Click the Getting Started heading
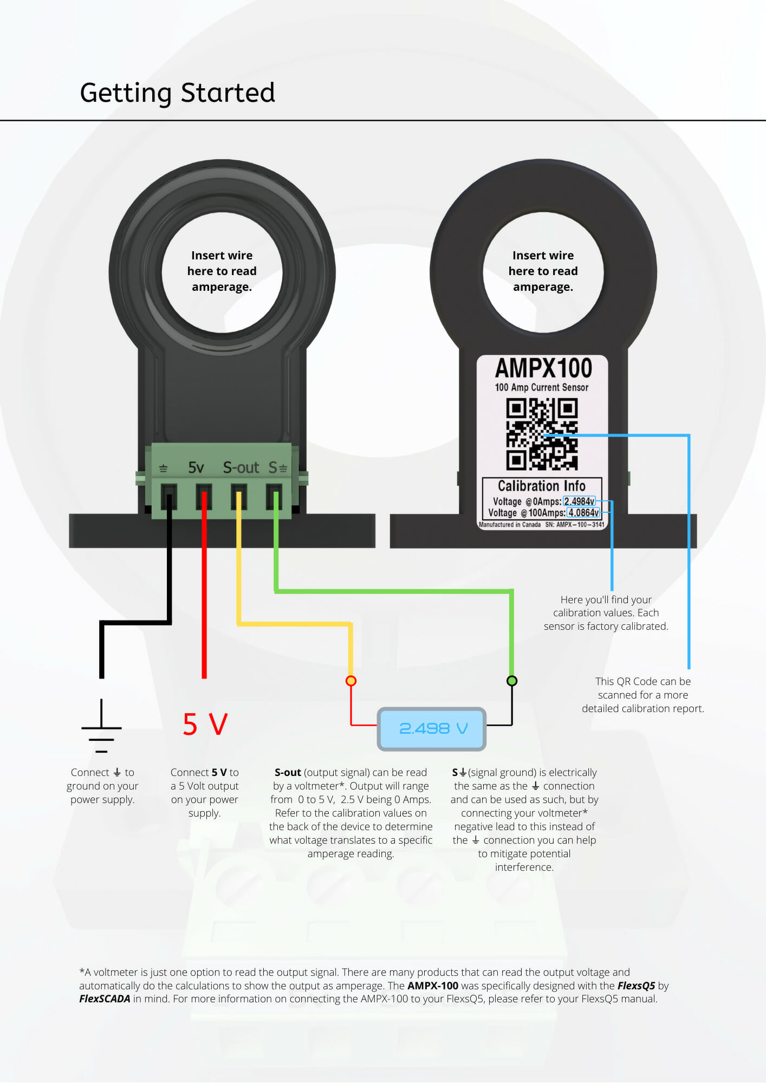tap(177, 93)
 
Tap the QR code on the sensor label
tap(542, 434)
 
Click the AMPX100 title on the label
tap(543, 368)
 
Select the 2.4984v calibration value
tap(579, 501)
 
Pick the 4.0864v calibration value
tap(583, 513)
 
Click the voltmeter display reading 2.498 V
tap(432, 729)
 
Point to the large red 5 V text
tap(205, 725)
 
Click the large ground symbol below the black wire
tap(101, 726)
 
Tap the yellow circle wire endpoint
tap(351, 681)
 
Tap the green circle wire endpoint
tap(511, 681)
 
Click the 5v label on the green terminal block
tap(196, 467)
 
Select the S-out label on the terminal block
tap(241, 467)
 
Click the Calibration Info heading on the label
tap(542, 486)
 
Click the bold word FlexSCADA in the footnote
tap(105, 999)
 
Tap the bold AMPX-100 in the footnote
tap(433, 986)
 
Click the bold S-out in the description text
tap(288, 772)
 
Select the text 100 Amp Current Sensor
tap(542, 387)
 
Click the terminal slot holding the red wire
tap(204, 497)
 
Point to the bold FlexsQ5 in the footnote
tap(637, 986)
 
